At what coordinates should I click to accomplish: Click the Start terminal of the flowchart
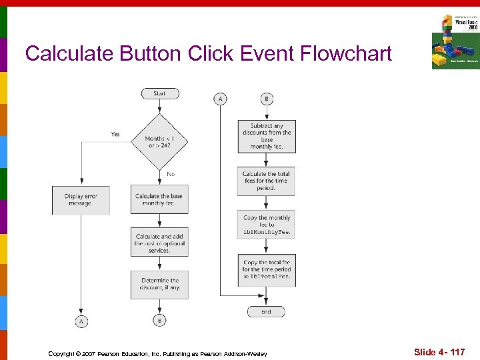point(159,93)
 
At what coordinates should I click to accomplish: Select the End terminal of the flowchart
point(266,311)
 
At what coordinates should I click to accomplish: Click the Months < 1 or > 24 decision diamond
point(159,142)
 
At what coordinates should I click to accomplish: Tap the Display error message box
point(80,199)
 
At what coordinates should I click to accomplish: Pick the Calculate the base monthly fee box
point(159,199)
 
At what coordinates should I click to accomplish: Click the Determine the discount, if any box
point(159,284)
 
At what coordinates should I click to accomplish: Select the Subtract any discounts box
point(266,136)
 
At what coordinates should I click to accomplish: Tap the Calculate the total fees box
point(266,181)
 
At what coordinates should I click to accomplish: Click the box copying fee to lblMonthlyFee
point(266,225)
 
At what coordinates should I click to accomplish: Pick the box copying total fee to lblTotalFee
point(266,269)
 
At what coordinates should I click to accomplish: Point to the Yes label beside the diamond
point(115,134)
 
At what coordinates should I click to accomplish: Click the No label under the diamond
point(171,174)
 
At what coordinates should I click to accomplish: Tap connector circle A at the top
point(220,99)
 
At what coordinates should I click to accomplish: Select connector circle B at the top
point(266,99)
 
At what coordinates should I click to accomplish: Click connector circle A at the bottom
point(81,321)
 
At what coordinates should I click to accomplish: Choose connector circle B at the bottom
point(159,321)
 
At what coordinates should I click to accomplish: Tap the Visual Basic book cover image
point(455,41)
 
